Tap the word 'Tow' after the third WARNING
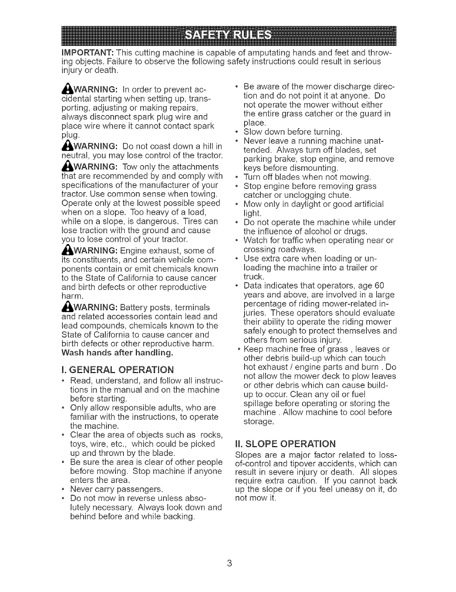(x=128, y=166)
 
